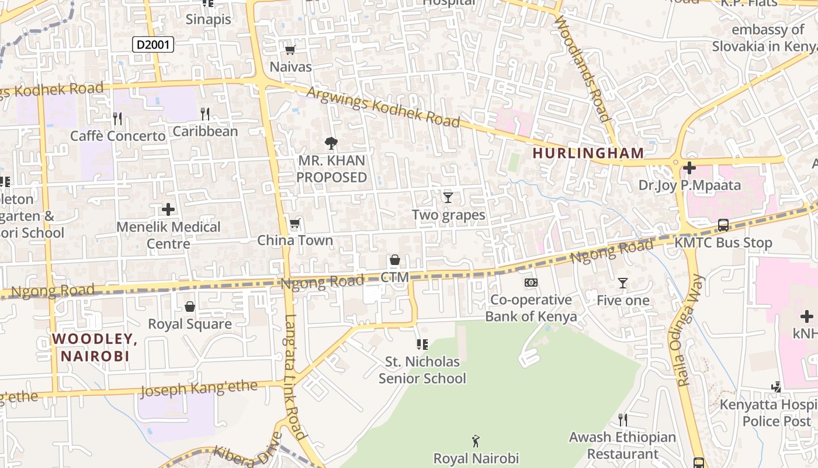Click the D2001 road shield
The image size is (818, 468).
pos(153,44)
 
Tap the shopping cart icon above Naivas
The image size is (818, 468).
pos(290,50)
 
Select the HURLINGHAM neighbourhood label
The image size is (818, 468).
pos(588,153)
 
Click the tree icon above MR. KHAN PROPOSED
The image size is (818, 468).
pos(331,143)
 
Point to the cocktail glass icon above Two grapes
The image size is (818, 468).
pos(448,198)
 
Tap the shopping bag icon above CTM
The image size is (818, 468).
pos(395,260)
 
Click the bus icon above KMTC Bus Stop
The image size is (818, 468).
pos(723,225)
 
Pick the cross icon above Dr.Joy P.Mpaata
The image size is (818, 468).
pos(689,168)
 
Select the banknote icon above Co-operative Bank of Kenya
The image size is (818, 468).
pos(531,283)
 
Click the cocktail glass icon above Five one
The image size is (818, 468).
pos(623,283)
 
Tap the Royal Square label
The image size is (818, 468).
pos(190,324)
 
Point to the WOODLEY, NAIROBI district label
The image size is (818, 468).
pos(95,347)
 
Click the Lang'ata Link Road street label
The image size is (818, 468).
pos(295,377)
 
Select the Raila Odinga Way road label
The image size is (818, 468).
pos(691,331)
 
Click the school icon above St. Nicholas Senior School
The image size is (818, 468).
pos(422,345)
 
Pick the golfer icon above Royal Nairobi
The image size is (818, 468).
pos(476,441)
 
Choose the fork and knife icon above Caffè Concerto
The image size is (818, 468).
pos(117,119)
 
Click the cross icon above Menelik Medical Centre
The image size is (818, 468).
pos(168,209)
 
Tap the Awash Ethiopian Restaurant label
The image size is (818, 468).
pos(622,445)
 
